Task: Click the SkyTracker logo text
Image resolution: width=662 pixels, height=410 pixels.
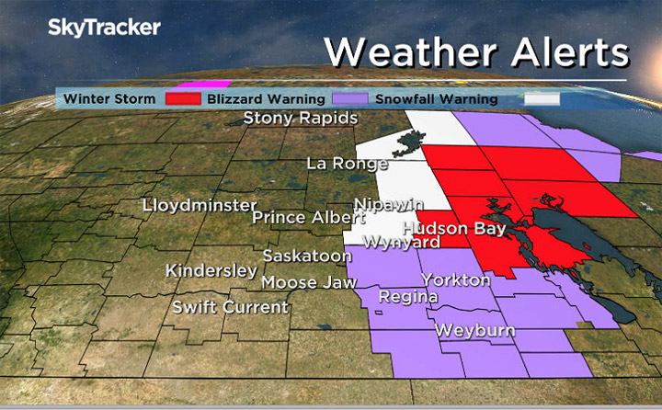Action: (104, 28)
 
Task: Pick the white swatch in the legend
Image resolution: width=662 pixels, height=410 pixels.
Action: (543, 98)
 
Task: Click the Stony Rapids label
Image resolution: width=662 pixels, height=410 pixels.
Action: (300, 119)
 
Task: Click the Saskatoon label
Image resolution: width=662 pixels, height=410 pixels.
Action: (307, 256)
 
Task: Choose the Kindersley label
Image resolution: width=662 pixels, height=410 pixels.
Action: (211, 271)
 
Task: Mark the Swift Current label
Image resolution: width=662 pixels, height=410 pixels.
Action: (231, 307)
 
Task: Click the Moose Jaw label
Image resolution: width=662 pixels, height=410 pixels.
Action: (302, 282)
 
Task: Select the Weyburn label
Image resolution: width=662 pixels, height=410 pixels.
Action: (474, 329)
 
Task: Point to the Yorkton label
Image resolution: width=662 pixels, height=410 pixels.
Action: (456, 279)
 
